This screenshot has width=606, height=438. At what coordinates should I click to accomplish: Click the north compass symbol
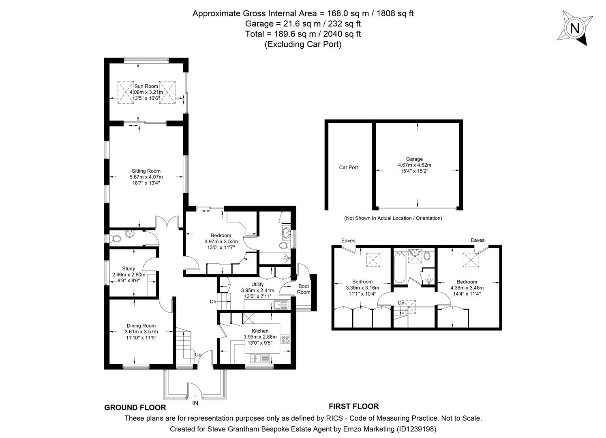(x=574, y=28)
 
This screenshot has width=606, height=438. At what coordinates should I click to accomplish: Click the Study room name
(x=128, y=268)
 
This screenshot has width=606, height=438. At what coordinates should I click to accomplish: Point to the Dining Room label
(x=141, y=326)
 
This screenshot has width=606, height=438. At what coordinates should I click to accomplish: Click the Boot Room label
(x=304, y=289)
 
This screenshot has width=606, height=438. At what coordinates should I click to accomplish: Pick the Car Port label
(x=348, y=167)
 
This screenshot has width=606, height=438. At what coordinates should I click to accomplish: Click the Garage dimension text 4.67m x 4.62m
(x=414, y=165)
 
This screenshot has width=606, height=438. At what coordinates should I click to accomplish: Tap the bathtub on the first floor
(x=398, y=268)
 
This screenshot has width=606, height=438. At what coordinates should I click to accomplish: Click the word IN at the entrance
(x=195, y=403)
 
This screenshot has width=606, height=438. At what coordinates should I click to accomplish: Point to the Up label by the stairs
(x=198, y=354)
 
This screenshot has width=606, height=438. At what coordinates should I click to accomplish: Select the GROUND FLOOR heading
(x=135, y=408)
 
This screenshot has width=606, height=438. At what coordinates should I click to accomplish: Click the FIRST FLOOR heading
(x=353, y=406)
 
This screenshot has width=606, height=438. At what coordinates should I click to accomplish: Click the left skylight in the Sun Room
(x=126, y=92)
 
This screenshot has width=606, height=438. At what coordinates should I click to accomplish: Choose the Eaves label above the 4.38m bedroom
(x=478, y=240)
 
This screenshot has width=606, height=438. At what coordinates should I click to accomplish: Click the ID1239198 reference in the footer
(x=416, y=429)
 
